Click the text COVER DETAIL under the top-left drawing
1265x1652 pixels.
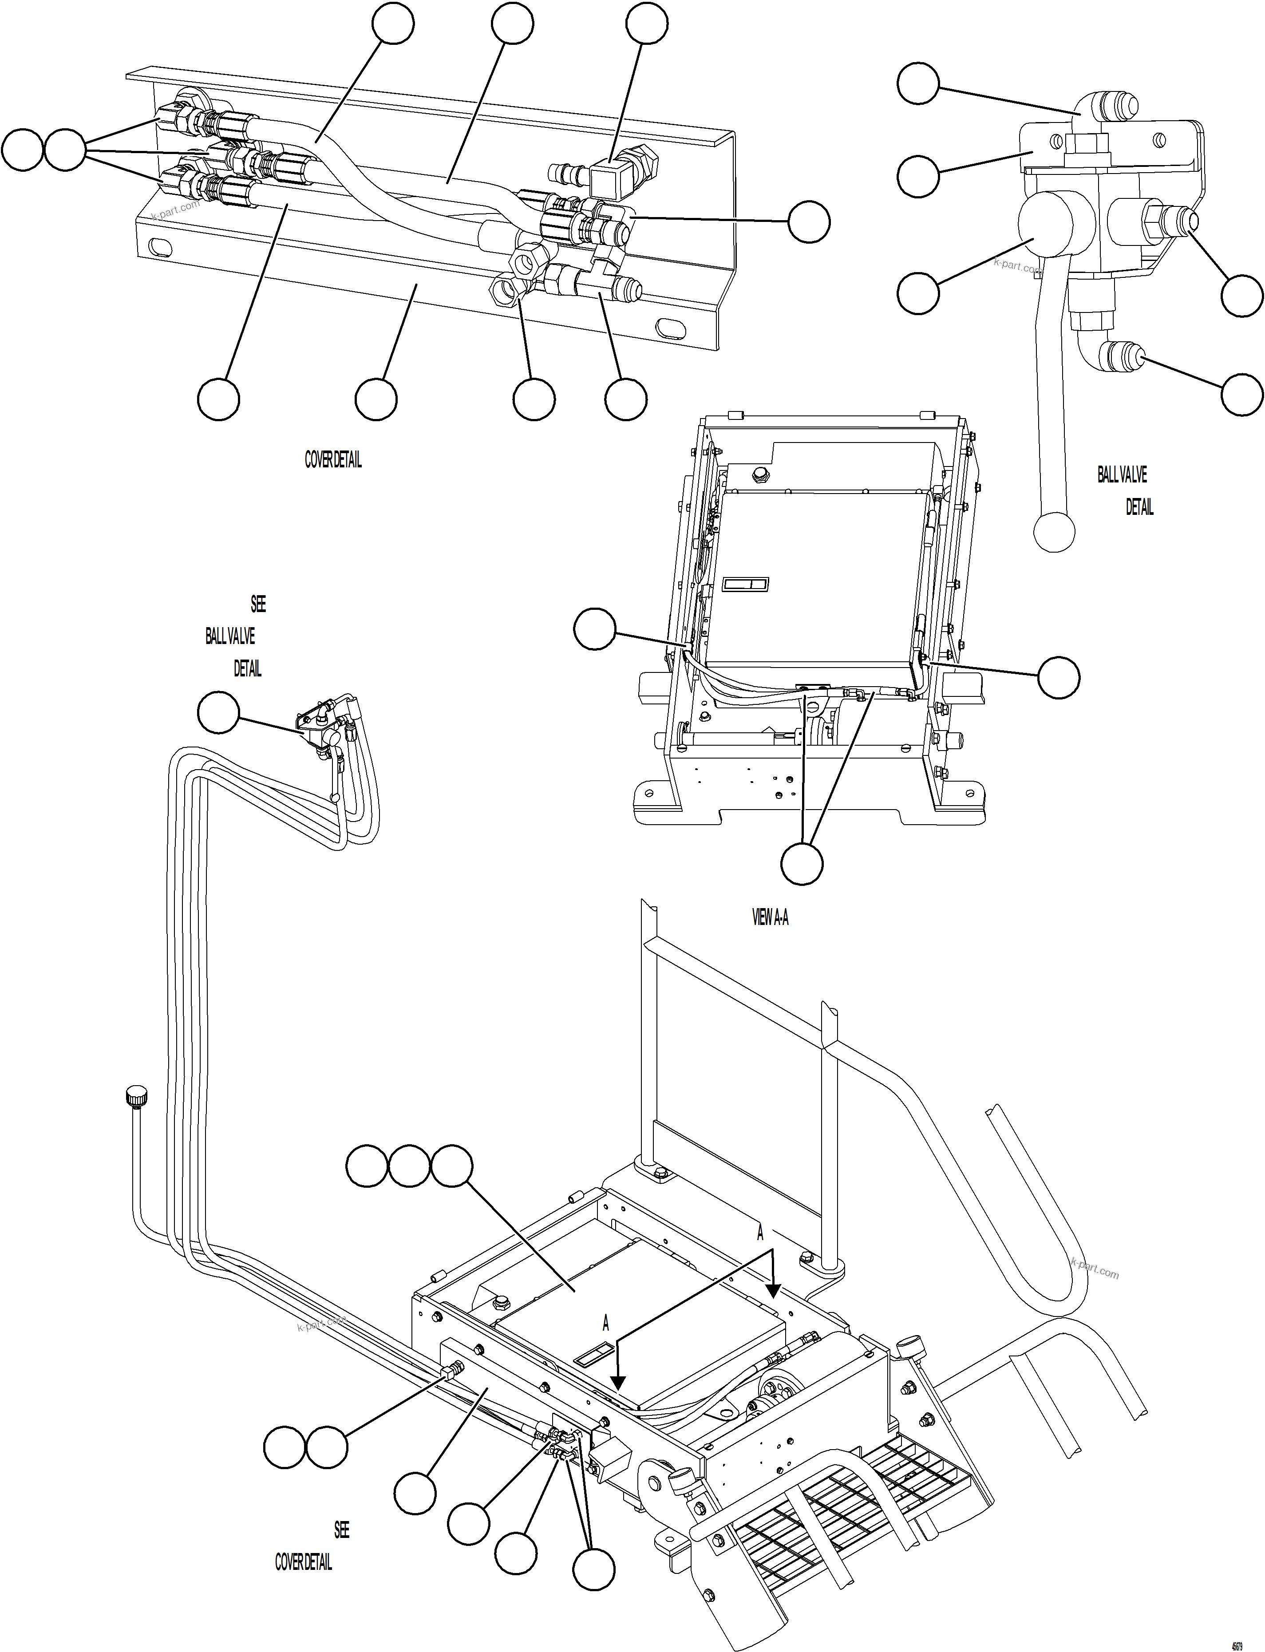[x=333, y=460]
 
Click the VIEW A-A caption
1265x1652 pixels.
[x=770, y=917]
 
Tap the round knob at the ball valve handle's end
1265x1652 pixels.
[x=1054, y=532]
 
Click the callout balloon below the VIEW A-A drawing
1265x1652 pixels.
[x=802, y=864]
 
